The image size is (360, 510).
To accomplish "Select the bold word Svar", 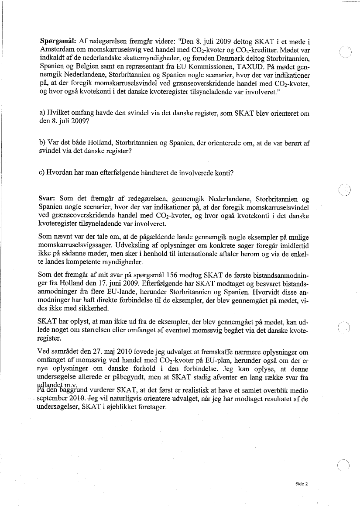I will [47, 199].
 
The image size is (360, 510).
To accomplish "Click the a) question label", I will [42, 114].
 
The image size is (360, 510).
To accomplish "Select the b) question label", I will [42, 143].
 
